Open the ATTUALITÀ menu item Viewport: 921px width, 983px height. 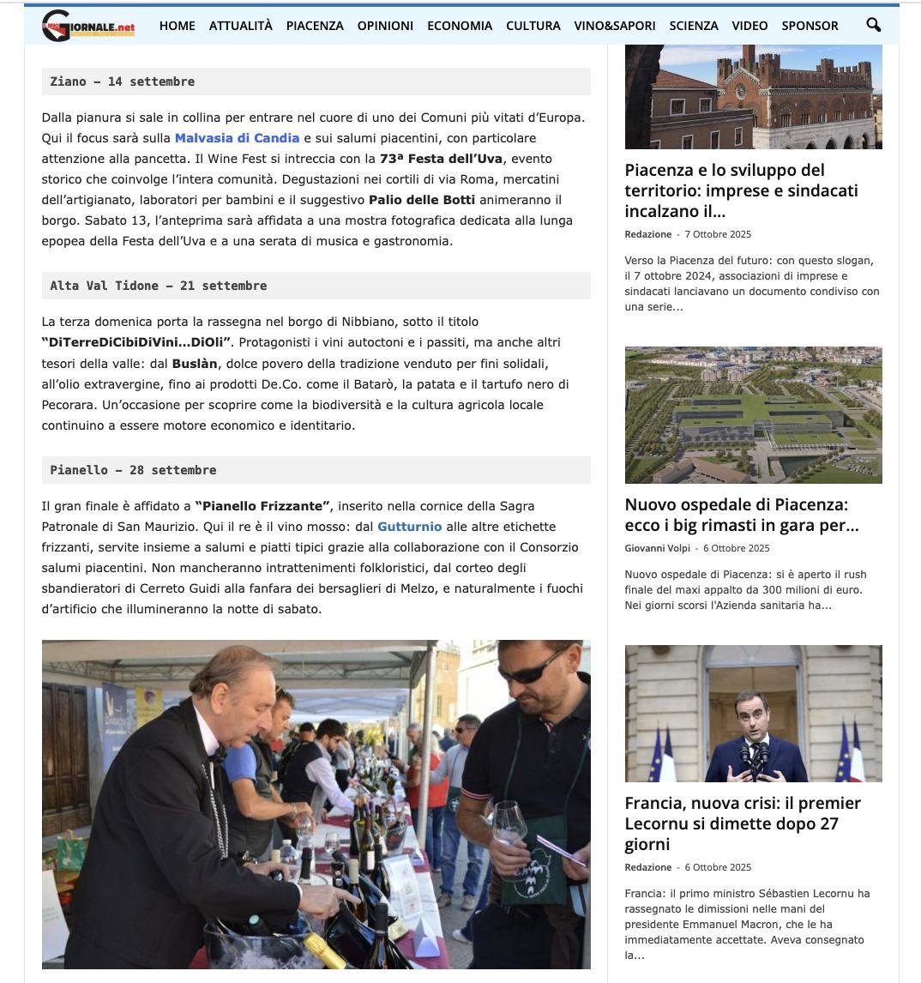(240, 26)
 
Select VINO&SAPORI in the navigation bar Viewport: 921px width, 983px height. (615, 26)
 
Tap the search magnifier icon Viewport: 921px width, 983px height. (873, 25)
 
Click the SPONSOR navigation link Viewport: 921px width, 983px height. (810, 26)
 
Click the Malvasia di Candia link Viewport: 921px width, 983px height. (237, 138)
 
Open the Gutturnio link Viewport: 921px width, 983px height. (409, 527)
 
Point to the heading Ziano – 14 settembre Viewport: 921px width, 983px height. (122, 81)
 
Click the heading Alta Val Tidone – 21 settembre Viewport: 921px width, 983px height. (158, 286)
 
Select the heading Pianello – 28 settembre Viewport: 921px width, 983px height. (133, 470)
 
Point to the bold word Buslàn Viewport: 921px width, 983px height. (195, 363)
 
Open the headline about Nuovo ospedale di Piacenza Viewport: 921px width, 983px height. (741, 515)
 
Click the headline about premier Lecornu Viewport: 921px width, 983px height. (743, 823)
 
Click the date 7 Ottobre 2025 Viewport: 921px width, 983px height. (718, 234)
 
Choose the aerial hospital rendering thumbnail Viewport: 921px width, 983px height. (753, 415)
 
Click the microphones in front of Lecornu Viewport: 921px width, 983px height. (752, 752)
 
